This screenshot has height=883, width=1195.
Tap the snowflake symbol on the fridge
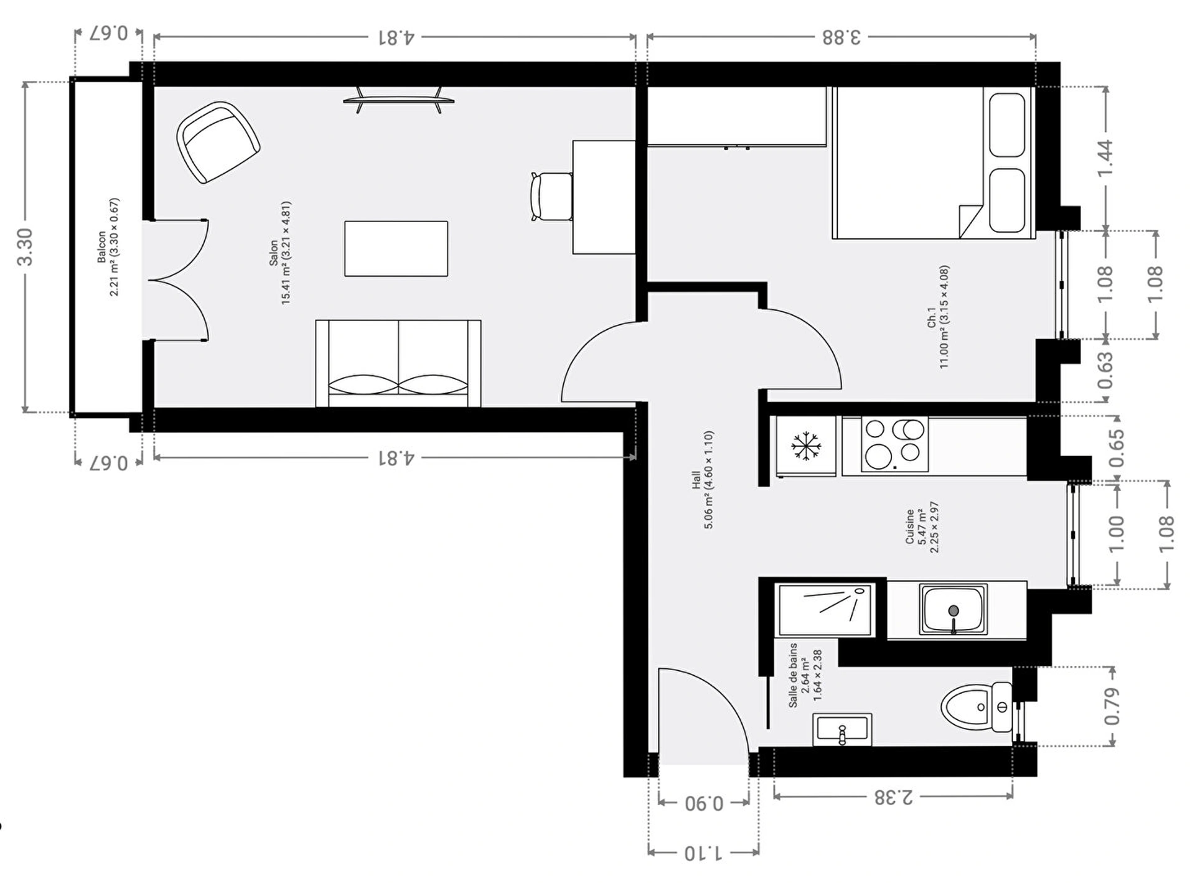pyautogui.click(x=806, y=446)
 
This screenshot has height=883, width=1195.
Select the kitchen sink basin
pyautogui.click(x=953, y=609)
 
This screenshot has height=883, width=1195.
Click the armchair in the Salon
pyautogui.click(x=218, y=142)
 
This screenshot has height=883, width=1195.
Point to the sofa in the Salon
pyautogui.click(x=398, y=363)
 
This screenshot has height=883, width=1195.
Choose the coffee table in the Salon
pyautogui.click(x=396, y=248)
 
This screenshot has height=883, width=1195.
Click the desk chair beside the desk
pyautogui.click(x=551, y=196)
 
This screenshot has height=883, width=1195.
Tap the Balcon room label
pyautogui.click(x=108, y=247)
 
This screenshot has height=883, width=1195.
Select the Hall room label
pyautogui.click(x=703, y=479)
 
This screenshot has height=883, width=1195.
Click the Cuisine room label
pyautogui.click(x=922, y=527)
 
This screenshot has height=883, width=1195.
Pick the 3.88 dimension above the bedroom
pyautogui.click(x=841, y=37)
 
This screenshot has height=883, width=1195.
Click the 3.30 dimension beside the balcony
pyautogui.click(x=25, y=247)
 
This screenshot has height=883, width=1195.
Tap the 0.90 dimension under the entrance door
pyautogui.click(x=704, y=803)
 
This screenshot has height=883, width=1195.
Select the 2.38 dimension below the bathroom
pyautogui.click(x=893, y=797)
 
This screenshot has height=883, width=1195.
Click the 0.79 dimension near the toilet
pyautogui.click(x=1112, y=706)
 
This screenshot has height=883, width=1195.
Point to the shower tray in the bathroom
pyautogui.click(x=825, y=609)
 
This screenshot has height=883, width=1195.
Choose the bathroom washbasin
pyautogui.click(x=842, y=729)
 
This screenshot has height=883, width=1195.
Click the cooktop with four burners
pyautogui.click(x=894, y=444)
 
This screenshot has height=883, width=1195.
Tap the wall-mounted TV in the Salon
pyautogui.click(x=398, y=100)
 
